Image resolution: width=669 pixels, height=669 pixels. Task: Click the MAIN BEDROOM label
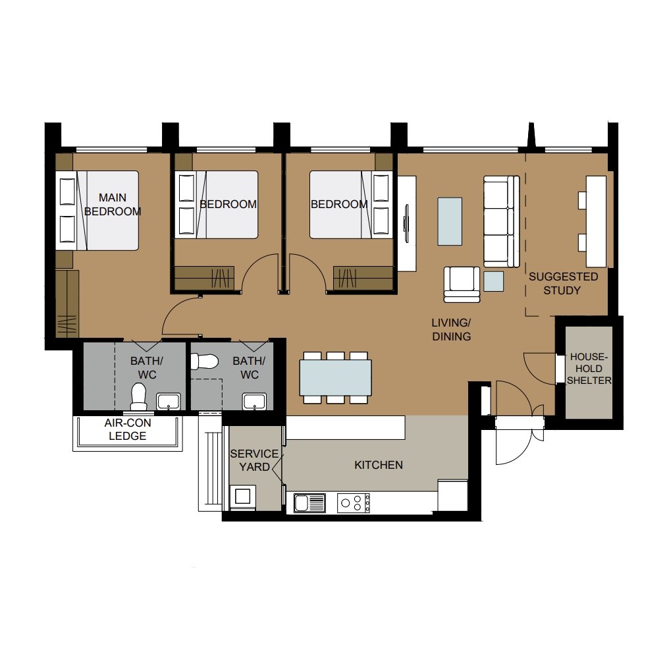113,204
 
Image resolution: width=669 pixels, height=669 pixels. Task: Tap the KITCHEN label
379,465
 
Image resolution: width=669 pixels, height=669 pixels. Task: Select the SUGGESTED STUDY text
563,283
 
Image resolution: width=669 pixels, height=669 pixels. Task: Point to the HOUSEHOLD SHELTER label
589,369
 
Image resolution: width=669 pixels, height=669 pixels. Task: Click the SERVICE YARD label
254,460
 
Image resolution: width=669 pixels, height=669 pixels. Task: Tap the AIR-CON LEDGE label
128,429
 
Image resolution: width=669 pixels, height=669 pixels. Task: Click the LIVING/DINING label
452,329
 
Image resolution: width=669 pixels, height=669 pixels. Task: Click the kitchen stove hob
354,503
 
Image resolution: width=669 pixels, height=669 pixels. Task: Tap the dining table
335,377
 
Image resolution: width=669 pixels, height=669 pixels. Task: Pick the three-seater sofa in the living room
501,221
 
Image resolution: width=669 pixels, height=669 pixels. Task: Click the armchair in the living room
462,284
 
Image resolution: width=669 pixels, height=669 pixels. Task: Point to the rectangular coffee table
450,221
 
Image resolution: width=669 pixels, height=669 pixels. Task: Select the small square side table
494,282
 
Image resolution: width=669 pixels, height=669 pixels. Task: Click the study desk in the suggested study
596,221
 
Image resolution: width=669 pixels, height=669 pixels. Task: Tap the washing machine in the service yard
243,497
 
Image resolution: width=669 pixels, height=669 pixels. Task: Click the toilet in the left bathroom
139,396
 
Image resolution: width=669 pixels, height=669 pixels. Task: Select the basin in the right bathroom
254,402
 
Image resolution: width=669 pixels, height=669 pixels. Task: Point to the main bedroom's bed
97,211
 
